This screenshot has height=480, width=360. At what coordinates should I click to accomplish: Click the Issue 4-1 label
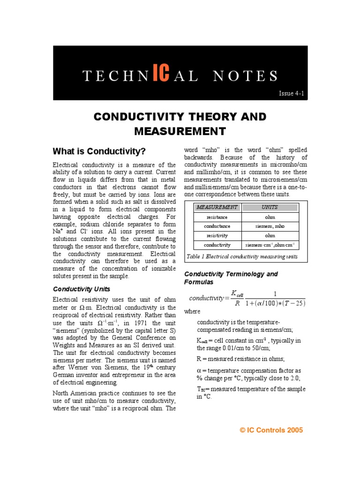[292, 94]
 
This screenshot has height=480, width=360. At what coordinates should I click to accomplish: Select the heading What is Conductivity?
[99, 151]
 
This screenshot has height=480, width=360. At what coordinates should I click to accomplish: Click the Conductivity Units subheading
[82, 289]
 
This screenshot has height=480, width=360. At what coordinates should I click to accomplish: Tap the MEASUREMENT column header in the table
[217, 207]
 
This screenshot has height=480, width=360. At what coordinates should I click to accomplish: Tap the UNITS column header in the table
[270, 207]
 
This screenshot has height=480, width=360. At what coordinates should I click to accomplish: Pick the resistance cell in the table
[217, 217]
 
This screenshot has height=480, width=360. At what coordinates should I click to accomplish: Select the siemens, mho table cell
[270, 226]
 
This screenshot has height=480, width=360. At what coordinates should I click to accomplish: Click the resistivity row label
[217, 236]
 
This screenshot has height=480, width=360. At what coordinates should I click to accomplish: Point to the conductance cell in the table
[217, 226]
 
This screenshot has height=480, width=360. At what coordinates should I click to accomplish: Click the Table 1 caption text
[242, 256]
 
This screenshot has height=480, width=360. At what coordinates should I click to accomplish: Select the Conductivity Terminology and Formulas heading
[231, 278]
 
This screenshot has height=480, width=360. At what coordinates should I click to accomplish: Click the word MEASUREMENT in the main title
[180, 131]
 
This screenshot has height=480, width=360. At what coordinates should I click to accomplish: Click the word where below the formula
[192, 311]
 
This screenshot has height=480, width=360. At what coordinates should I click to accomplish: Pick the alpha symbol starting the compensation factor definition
[199, 370]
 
